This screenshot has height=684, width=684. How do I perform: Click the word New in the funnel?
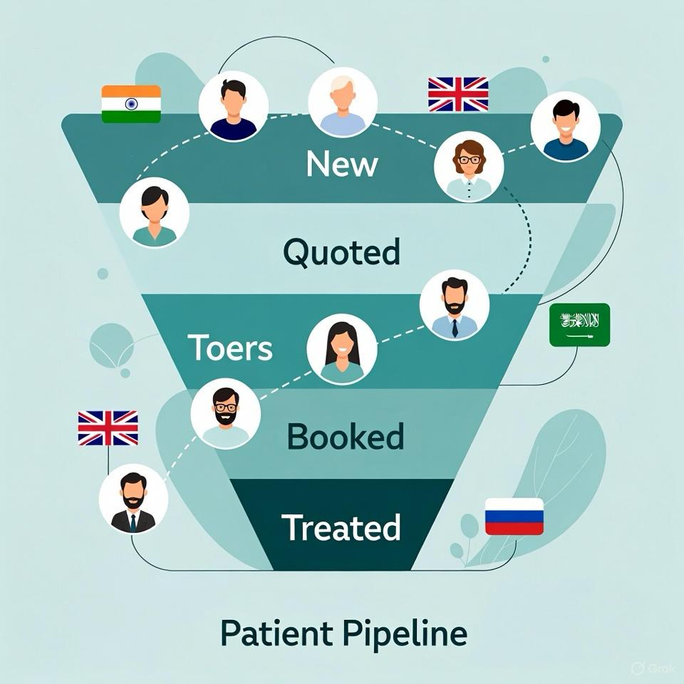point(342,164)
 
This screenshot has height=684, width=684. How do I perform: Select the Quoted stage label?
point(341,252)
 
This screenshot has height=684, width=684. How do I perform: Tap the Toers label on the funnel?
point(230,347)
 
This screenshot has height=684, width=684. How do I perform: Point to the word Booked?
point(345,436)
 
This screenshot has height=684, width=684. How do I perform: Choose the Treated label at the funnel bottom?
point(341,528)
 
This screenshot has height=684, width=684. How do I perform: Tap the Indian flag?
point(131,104)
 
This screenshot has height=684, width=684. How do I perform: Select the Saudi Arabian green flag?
point(579,325)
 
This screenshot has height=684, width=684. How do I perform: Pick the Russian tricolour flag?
point(514,517)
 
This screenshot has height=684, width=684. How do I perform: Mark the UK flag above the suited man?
point(108,428)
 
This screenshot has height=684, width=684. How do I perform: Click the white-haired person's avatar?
point(343,103)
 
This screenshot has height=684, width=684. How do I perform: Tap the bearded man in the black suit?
point(133,499)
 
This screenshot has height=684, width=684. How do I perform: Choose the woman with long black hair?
point(341,349)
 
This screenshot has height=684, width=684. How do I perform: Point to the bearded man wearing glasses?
point(226,413)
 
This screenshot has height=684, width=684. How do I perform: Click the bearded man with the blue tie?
point(454,305)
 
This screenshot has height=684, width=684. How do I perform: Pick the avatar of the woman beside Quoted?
point(154,212)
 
